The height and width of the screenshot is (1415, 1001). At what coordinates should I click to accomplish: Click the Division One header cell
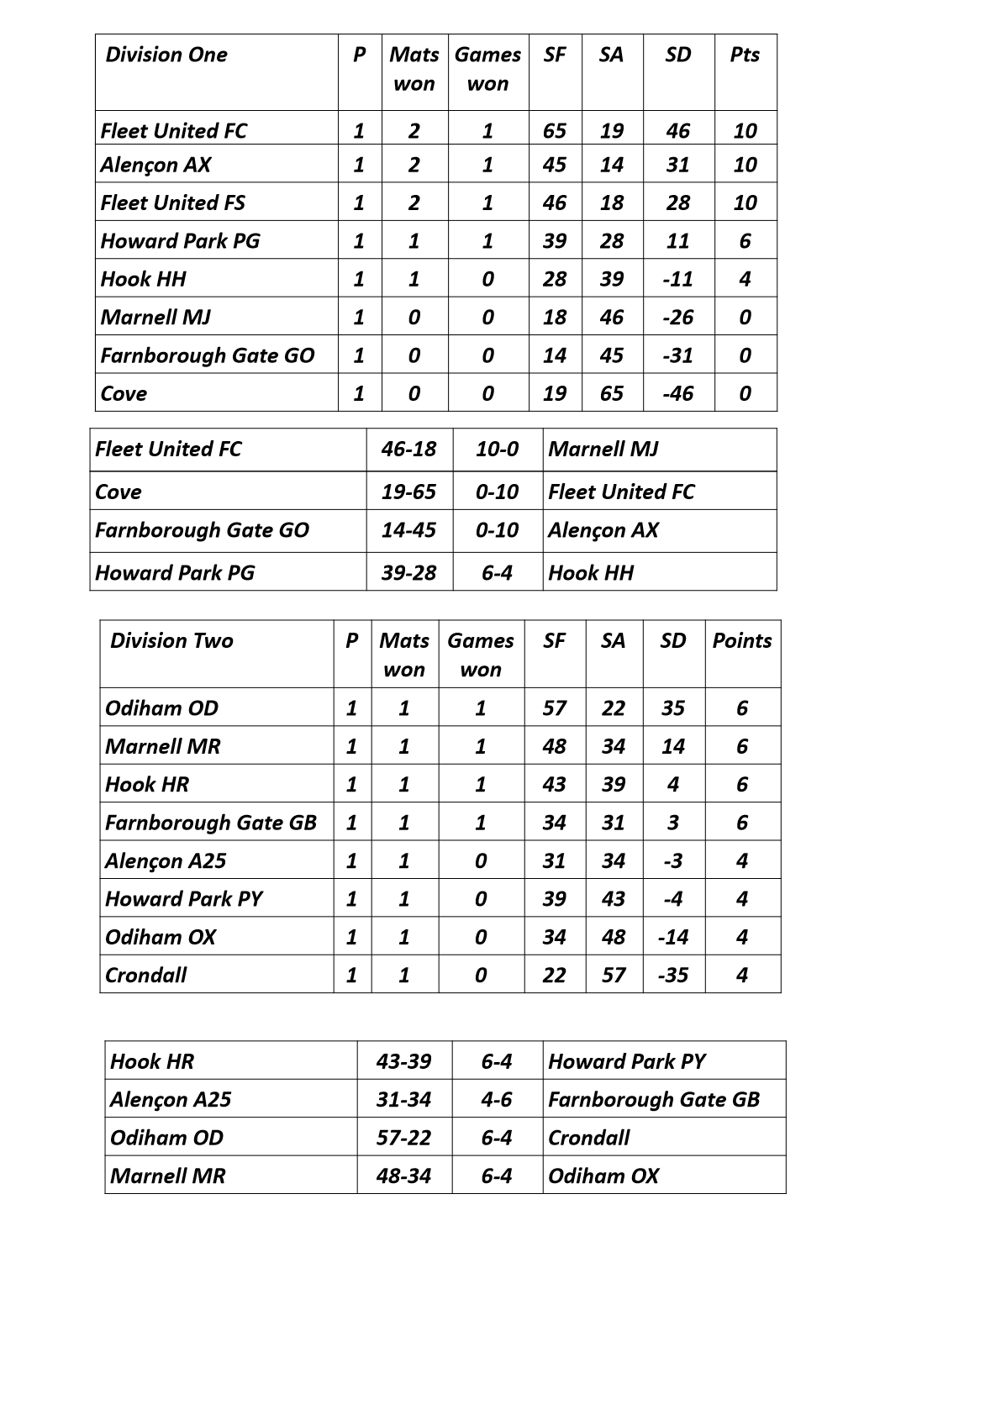(166, 55)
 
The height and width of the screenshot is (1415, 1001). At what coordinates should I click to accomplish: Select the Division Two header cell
(171, 641)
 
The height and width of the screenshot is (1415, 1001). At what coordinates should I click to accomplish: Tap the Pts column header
(745, 55)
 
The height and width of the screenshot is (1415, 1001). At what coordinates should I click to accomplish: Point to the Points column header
(742, 641)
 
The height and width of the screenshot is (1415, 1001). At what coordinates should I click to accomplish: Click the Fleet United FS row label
(173, 203)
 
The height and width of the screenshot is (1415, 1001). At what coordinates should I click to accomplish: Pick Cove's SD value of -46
(677, 393)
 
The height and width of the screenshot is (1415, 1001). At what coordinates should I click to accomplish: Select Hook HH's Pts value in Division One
(745, 279)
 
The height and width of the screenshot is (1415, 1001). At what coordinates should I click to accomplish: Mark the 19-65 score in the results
(408, 492)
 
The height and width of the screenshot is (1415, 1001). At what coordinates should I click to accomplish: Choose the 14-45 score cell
(408, 530)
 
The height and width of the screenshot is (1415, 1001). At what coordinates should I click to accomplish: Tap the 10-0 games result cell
(497, 449)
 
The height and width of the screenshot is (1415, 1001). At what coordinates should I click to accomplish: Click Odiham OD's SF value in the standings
(554, 708)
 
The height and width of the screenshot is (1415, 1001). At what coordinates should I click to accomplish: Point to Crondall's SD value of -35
(672, 975)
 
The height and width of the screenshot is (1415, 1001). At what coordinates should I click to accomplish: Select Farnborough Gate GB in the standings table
(211, 823)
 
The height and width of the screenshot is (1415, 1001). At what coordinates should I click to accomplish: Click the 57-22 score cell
(403, 1138)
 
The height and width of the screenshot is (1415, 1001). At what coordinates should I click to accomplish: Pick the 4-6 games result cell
(497, 1099)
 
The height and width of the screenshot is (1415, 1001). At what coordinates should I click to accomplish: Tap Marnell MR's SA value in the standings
(614, 746)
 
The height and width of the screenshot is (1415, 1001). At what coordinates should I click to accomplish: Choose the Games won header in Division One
(487, 69)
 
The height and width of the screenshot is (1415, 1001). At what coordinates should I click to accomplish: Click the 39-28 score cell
(408, 573)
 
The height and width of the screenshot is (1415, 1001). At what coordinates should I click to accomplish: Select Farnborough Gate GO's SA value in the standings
(611, 355)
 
